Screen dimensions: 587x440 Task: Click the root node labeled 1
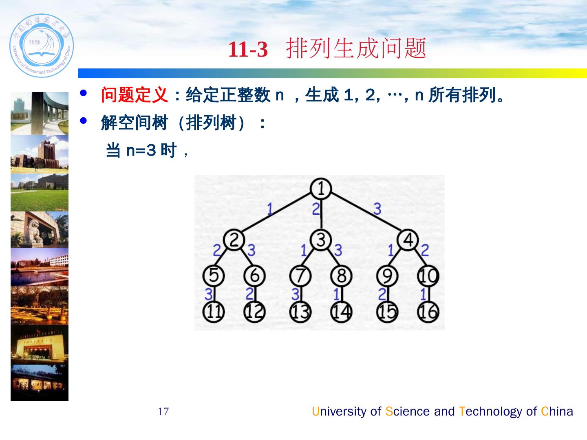[x=320, y=189]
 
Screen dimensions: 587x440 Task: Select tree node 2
[x=234, y=240]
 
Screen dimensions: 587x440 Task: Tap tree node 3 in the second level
[x=321, y=240]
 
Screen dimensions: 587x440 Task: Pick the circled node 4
[x=408, y=240]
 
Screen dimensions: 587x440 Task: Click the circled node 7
[x=300, y=276]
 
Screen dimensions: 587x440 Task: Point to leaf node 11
[x=214, y=312]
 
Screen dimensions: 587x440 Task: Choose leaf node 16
[x=428, y=312]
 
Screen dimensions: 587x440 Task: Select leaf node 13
[x=300, y=312]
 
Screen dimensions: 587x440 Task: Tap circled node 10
[x=428, y=276]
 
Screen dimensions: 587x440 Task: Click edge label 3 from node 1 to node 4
[x=377, y=209]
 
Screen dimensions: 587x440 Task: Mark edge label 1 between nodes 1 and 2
[x=270, y=209]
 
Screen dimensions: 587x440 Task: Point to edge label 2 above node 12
[x=249, y=293]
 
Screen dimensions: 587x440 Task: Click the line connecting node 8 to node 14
[x=342, y=294]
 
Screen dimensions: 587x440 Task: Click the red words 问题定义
[x=135, y=96]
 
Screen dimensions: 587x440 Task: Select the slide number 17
[x=163, y=411]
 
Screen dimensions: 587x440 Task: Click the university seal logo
[x=42, y=46]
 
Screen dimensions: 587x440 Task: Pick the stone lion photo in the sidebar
[x=40, y=229]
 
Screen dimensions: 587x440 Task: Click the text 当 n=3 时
[x=141, y=150]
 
